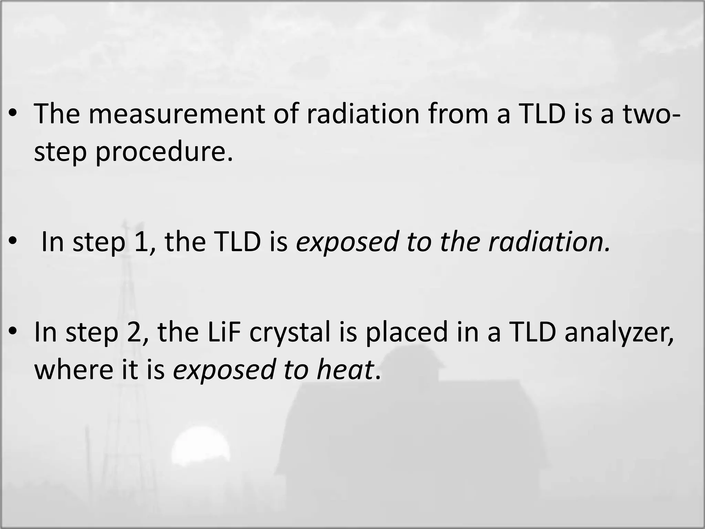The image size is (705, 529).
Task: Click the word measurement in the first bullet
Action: [177, 114]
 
